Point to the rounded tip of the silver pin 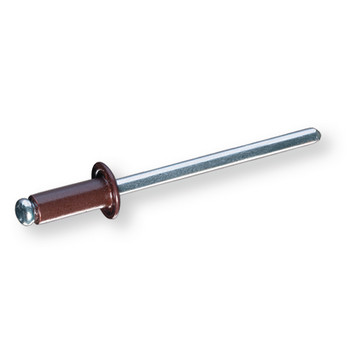click(314, 133)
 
